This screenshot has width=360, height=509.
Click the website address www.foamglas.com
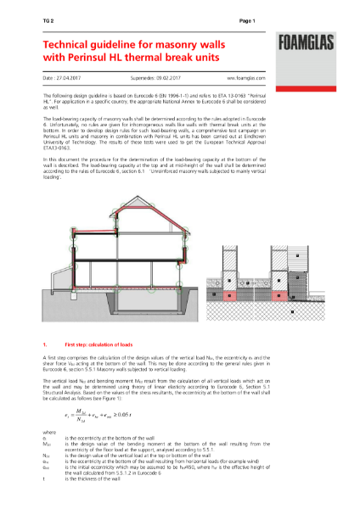click(253, 76)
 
